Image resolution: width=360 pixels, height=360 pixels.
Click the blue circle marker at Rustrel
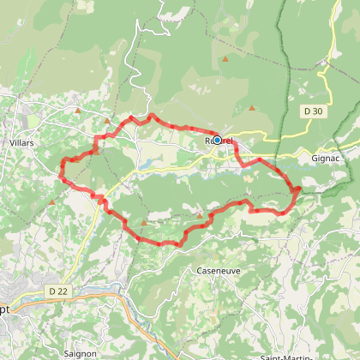217,140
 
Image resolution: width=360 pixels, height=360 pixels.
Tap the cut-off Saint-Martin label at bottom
291,356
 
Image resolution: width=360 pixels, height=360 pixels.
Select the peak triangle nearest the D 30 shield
252,108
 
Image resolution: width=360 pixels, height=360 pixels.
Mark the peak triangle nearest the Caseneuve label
199,214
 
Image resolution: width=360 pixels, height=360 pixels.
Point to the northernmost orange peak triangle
225,59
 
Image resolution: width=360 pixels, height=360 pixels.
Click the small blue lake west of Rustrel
149,161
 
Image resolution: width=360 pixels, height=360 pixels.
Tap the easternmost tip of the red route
299,189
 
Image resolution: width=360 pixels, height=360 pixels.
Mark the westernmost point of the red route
60,176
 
